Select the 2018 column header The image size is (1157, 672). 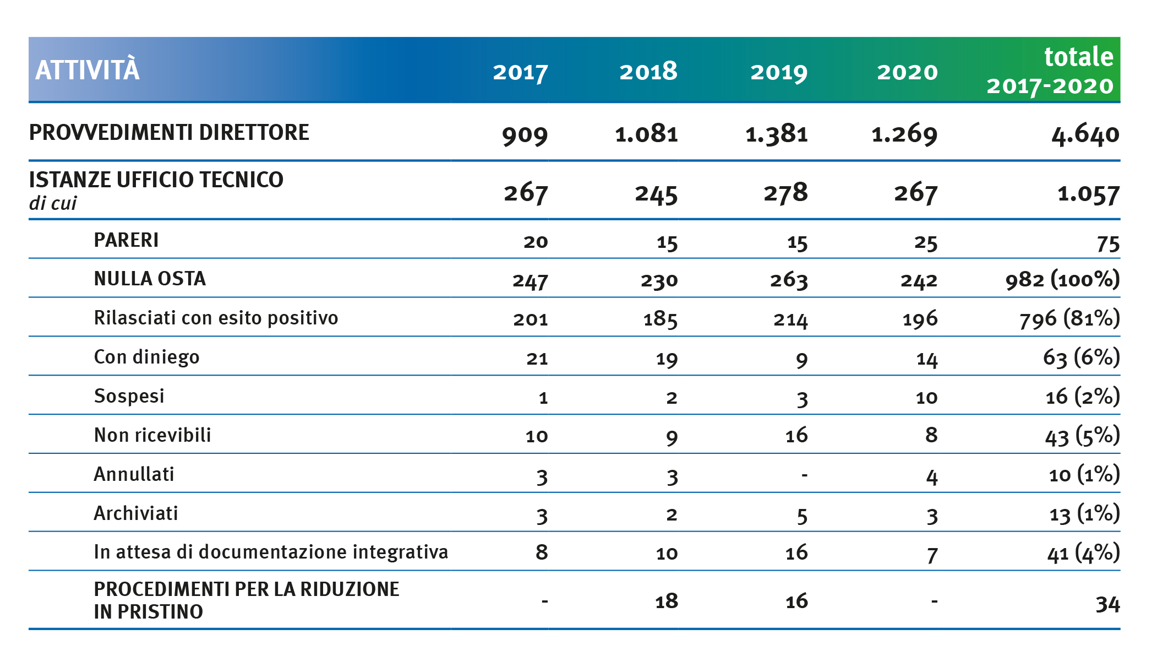pyautogui.click(x=648, y=72)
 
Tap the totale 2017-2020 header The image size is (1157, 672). pyautogui.click(x=1050, y=71)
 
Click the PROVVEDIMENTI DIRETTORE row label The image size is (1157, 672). pyautogui.click(x=169, y=133)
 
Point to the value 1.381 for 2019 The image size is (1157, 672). pyautogui.click(x=776, y=134)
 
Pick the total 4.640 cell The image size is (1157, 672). pyautogui.click(x=1085, y=134)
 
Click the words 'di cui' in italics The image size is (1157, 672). pyautogui.click(x=53, y=203)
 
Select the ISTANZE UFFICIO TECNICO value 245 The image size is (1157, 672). pyautogui.click(x=656, y=194)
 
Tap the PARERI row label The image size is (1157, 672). pyautogui.click(x=126, y=240)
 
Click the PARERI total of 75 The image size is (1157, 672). pyautogui.click(x=1108, y=243)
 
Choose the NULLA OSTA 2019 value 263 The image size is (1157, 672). pyautogui.click(x=788, y=280)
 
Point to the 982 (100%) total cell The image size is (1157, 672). pyautogui.click(x=1062, y=279)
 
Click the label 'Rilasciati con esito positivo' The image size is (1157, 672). pyautogui.click(x=216, y=318)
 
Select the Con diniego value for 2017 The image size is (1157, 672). pyautogui.click(x=537, y=359)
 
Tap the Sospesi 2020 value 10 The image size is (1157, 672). pyautogui.click(x=926, y=398)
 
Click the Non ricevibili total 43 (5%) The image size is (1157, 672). pyautogui.click(x=1083, y=436)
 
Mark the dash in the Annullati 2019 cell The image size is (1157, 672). pyautogui.click(x=804, y=474)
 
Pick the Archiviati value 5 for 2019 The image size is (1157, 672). pyautogui.click(x=802, y=516)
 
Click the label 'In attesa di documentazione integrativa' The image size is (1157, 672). pyautogui.click(x=271, y=552)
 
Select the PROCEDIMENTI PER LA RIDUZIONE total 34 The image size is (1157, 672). pyautogui.click(x=1107, y=604)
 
